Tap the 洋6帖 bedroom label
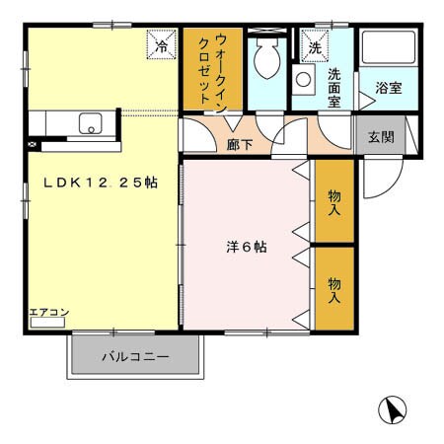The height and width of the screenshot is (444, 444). (x=245, y=247)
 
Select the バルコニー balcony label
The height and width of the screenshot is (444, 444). (x=135, y=357)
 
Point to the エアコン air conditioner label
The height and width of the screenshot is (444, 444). (x=48, y=313)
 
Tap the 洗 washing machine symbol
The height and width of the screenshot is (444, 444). (x=315, y=46)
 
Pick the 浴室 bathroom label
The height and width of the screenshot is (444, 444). (x=388, y=88)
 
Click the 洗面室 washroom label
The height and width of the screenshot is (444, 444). (x=335, y=89)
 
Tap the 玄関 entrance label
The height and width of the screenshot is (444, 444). (x=381, y=136)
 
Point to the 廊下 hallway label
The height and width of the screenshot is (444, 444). (x=240, y=144)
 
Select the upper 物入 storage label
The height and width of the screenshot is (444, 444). (x=334, y=202)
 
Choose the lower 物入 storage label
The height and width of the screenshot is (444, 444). (x=334, y=289)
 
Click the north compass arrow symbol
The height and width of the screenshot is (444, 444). (x=392, y=409)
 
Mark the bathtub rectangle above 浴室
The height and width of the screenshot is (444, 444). (x=387, y=50)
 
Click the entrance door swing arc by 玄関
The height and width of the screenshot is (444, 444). (x=378, y=178)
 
